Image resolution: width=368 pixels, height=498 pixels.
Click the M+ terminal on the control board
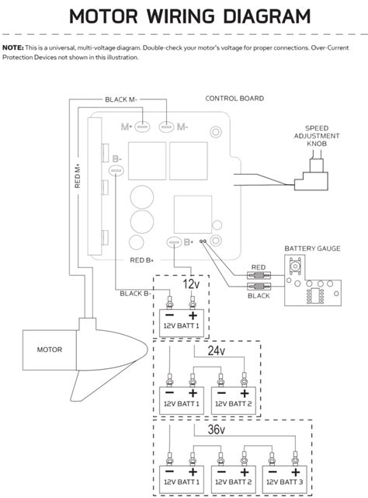point(142,127)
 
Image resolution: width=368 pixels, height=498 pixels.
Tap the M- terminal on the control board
point(166,127)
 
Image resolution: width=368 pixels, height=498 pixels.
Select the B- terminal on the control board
point(116,171)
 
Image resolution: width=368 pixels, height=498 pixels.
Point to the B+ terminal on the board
point(175,242)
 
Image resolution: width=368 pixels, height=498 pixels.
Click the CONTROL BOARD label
point(234,99)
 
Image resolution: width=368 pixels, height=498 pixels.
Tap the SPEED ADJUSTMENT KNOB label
point(317,136)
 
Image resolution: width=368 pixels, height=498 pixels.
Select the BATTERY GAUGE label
point(312,249)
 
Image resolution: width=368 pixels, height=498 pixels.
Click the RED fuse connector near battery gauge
point(259,275)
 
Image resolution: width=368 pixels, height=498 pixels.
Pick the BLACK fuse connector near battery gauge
point(259,287)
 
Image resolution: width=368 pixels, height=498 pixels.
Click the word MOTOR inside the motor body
point(50,350)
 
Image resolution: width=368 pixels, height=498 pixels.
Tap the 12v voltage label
point(191,284)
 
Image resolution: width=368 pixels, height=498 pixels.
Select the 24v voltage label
point(217,350)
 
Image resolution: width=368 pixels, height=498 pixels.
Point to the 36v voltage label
point(217,430)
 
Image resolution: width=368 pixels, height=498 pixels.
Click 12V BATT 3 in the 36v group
point(284,482)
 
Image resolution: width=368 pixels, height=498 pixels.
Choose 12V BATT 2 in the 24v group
point(234,404)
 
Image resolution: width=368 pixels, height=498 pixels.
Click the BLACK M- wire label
point(121,99)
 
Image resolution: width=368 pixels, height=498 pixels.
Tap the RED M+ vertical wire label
point(78,176)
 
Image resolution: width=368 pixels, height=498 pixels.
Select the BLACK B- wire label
point(136,294)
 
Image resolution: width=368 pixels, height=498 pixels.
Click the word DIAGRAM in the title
point(267,16)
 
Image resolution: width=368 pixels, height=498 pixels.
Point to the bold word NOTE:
point(13,48)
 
